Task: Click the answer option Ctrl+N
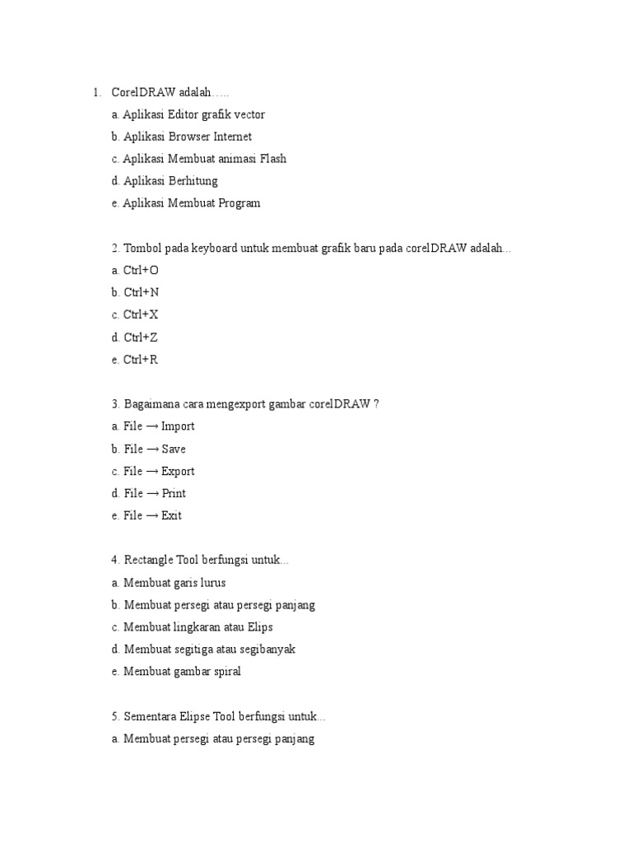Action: pos(141,292)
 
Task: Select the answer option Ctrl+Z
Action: pos(141,337)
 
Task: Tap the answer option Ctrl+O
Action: pos(141,270)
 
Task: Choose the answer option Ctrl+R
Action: pos(141,359)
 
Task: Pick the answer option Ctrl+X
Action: pos(141,314)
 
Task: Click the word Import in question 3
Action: pos(178,426)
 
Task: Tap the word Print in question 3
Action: pos(174,493)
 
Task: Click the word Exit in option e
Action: pos(171,515)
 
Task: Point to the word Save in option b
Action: pos(174,449)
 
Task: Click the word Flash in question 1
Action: pos(273,159)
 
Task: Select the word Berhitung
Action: pos(193,181)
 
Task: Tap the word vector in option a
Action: pos(249,114)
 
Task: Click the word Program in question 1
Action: pos(239,203)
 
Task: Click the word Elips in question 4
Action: pos(258,626)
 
